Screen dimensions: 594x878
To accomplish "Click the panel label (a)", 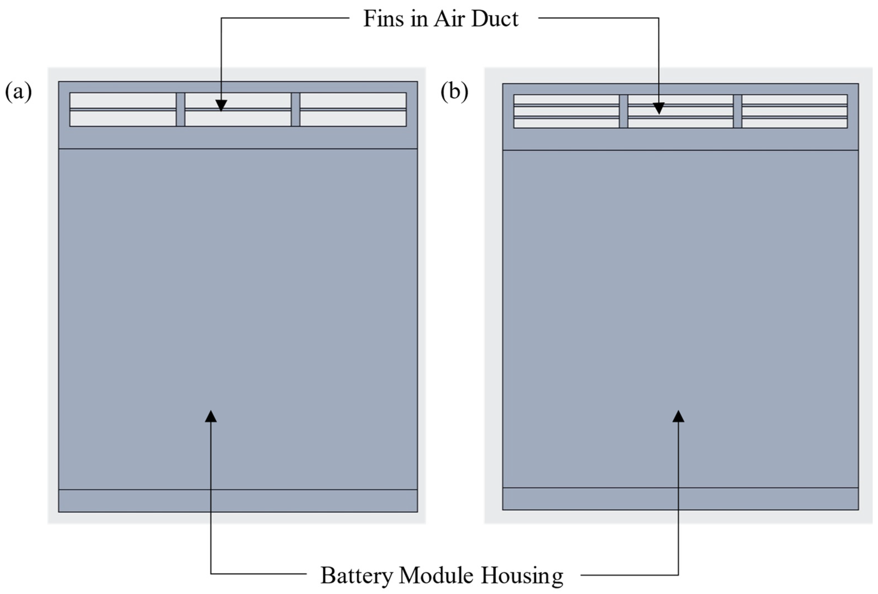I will [x=18, y=92].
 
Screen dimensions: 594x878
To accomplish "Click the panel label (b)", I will [x=454, y=92].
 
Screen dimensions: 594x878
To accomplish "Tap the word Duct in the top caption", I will [x=495, y=19].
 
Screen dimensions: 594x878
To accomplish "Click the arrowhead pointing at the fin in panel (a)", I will [x=221, y=105].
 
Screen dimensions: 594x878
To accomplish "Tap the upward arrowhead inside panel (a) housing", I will [x=211, y=416].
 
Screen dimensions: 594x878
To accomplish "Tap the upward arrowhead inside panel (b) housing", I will [x=678, y=416].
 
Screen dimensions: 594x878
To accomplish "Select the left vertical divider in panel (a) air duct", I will [x=180, y=110].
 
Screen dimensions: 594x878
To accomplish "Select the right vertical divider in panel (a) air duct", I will [x=295, y=110].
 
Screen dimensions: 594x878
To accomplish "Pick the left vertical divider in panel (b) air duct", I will [x=623, y=111].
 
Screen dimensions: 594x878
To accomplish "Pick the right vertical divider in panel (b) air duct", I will [x=737, y=111].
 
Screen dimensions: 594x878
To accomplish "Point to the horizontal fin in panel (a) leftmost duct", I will [x=123, y=110].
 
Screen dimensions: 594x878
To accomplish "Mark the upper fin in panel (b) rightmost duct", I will [x=794, y=105].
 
